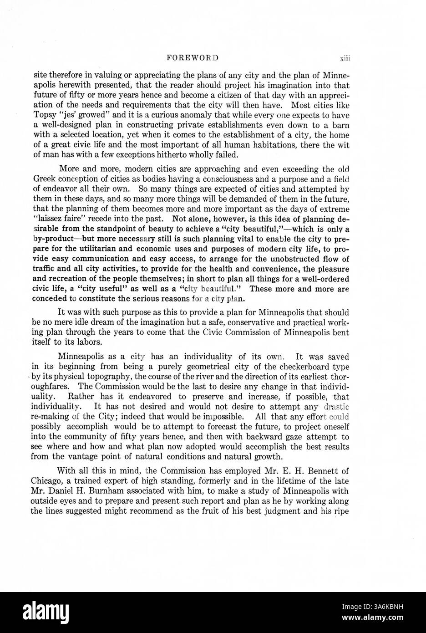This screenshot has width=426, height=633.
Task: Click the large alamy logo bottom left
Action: pyautogui.click(x=50, y=612)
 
